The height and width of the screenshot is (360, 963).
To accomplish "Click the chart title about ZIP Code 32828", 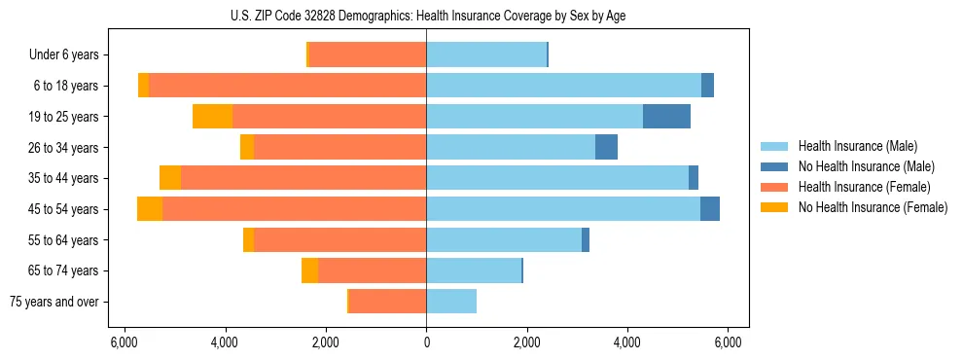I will pyautogui.click(x=426, y=16).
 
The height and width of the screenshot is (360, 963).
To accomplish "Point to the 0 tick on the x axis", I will pyautogui.click(x=426, y=342).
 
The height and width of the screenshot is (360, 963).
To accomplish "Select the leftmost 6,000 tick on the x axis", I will pyautogui.click(x=124, y=342).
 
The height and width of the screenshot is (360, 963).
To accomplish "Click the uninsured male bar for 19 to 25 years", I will pyautogui.click(x=666, y=117).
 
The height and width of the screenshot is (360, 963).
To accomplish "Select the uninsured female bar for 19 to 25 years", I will pyautogui.click(x=212, y=117).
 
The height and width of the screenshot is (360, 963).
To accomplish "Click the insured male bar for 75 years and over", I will pyautogui.click(x=451, y=302).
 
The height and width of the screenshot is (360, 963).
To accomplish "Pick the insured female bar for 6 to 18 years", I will pyautogui.click(x=287, y=86).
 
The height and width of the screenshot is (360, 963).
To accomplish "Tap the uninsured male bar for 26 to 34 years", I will pyautogui.click(x=606, y=147).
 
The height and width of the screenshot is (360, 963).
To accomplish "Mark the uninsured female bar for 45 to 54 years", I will pyautogui.click(x=150, y=209).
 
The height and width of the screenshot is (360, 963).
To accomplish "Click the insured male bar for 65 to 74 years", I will pyautogui.click(x=474, y=270).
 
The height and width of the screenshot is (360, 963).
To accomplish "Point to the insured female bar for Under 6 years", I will pyautogui.click(x=368, y=55).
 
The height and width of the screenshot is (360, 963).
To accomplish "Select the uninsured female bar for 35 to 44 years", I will pyautogui.click(x=170, y=178).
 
